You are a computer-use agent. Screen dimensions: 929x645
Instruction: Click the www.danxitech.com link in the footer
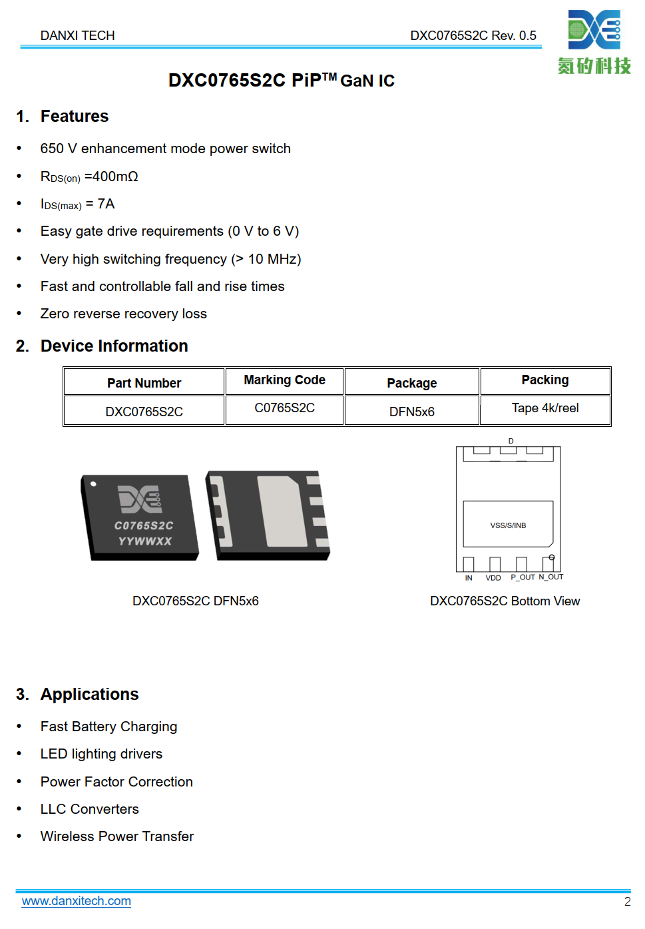click(x=76, y=901)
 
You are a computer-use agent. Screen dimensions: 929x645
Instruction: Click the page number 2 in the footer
click(x=627, y=902)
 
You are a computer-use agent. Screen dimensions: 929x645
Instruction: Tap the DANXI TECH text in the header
click(x=77, y=35)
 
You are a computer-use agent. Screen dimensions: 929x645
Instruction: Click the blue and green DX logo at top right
click(x=594, y=30)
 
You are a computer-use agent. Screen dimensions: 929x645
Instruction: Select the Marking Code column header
click(x=284, y=380)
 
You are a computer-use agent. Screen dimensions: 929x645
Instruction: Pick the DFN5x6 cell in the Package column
click(x=411, y=412)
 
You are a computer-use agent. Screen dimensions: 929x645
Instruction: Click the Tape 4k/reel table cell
click(x=544, y=408)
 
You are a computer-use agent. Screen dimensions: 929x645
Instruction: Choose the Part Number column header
click(x=144, y=383)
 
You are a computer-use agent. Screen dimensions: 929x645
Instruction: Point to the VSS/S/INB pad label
click(x=508, y=525)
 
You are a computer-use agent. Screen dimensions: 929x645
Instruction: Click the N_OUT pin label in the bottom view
click(x=551, y=577)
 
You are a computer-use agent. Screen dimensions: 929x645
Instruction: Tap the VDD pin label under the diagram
click(x=493, y=578)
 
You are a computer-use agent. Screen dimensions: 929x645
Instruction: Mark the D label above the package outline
click(x=511, y=441)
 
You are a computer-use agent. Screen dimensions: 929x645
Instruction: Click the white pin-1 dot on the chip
click(x=93, y=484)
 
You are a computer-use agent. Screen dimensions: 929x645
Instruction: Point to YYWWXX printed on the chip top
click(x=145, y=541)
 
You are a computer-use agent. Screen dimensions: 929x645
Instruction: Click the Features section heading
click(x=74, y=117)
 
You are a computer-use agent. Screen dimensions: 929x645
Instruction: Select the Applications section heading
click(x=89, y=695)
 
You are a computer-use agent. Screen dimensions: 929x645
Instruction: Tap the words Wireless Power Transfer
click(x=116, y=836)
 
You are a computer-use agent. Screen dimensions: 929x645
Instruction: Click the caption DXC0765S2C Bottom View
click(x=505, y=601)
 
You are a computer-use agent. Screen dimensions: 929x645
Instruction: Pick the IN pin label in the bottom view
click(x=469, y=578)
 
